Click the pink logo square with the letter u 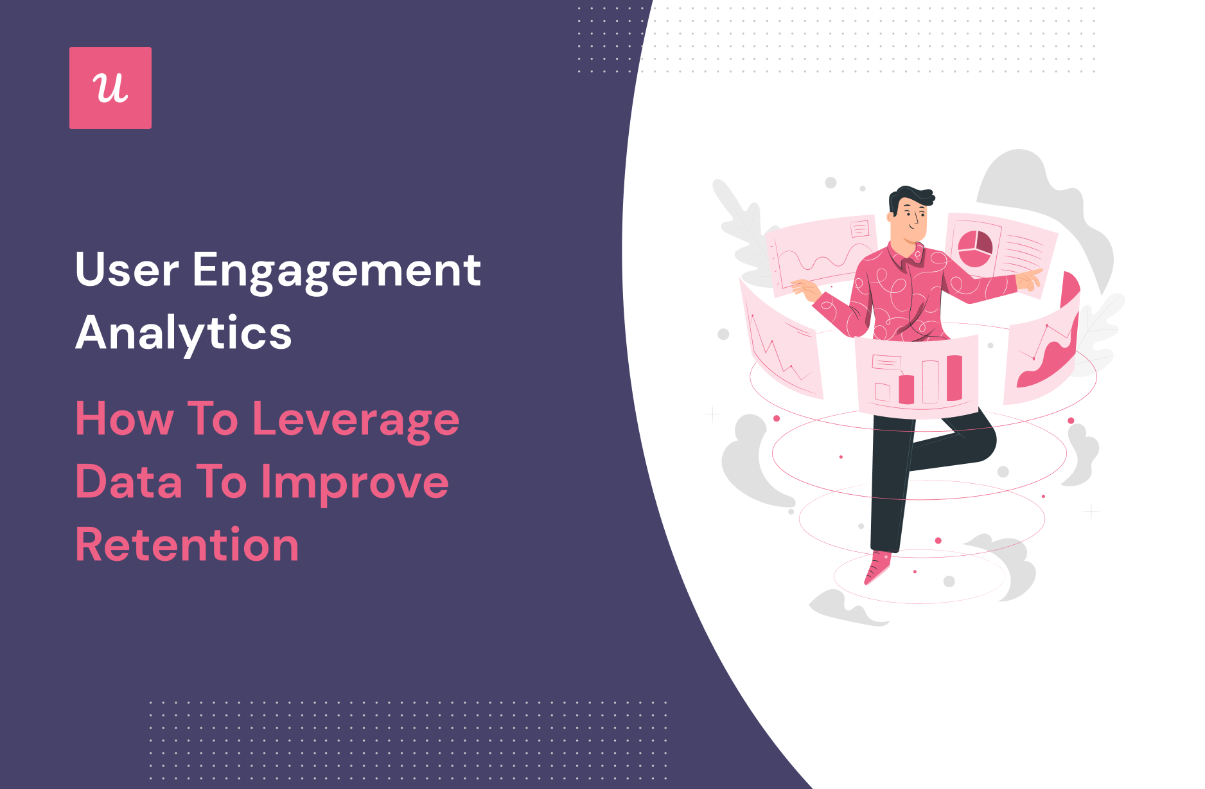pos(110,88)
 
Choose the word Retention pos(187,545)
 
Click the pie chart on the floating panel pos(975,249)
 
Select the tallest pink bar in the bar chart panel pos(954,378)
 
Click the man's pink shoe pos(877,566)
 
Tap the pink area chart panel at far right pos(1042,344)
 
